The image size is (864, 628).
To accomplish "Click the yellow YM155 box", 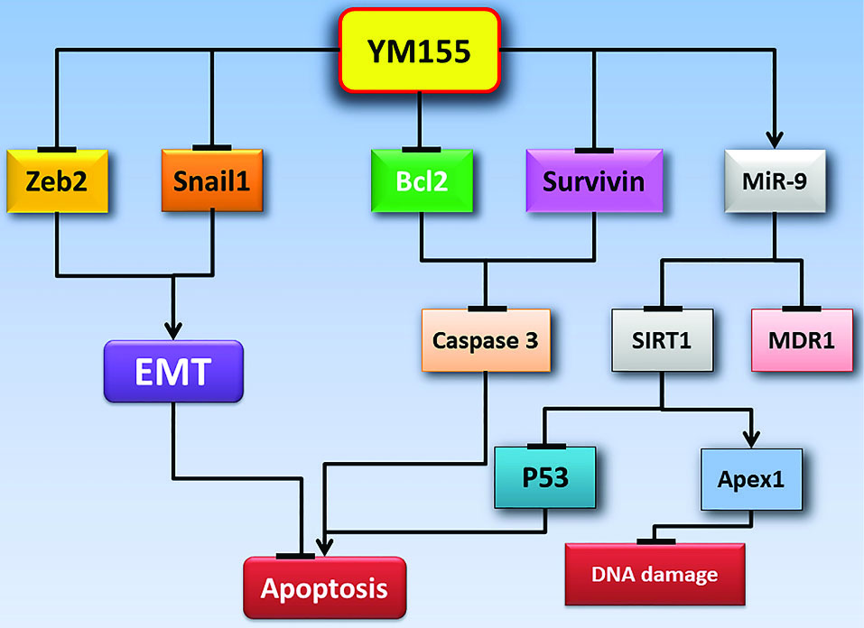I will [420, 51].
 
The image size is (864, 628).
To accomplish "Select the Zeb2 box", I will [58, 181].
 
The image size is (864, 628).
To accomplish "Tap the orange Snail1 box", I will [213, 181].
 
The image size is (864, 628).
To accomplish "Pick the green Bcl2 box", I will [421, 181].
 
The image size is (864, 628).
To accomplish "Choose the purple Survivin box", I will [594, 181].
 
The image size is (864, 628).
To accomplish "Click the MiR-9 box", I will [775, 181].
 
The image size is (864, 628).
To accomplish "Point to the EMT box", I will [173, 370].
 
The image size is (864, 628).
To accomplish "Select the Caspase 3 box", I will [486, 341].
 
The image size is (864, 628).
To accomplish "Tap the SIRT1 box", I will [662, 341].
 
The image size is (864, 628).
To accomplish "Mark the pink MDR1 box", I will [802, 341].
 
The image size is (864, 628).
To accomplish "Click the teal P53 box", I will [544, 477].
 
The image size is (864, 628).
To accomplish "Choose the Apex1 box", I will [753, 477].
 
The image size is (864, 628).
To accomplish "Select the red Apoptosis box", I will [324, 589].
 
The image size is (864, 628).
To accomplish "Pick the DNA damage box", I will [655, 574].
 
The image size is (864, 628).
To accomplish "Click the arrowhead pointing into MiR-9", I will [775, 141].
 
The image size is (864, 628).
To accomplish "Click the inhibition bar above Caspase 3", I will [488, 309].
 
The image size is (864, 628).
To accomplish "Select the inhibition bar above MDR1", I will [802, 309].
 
